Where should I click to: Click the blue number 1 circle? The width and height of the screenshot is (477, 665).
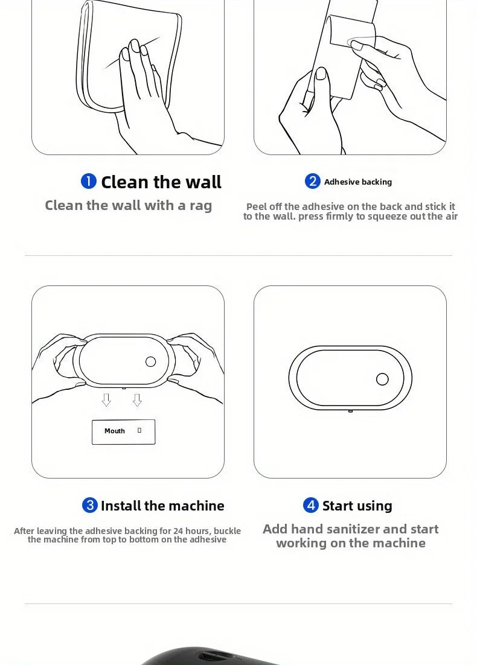click(89, 182)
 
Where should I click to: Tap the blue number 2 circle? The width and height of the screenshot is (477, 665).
click(312, 181)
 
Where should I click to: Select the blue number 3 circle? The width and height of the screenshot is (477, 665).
click(90, 505)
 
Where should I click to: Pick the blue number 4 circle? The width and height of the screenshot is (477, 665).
click(311, 505)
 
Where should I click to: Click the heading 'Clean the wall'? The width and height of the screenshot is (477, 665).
click(161, 182)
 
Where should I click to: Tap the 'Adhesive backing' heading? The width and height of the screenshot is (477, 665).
click(357, 182)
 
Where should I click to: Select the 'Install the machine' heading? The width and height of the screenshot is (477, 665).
click(162, 506)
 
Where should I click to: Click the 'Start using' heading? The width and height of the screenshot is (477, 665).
click(357, 506)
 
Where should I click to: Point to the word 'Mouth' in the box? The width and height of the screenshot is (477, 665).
click(115, 431)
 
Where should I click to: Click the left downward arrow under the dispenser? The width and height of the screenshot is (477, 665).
click(106, 400)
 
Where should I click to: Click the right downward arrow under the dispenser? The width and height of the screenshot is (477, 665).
click(137, 400)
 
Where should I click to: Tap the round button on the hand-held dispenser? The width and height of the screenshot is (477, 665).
click(151, 361)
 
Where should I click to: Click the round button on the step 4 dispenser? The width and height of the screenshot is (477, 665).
click(382, 379)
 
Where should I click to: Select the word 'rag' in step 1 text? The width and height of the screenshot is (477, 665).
click(200, 206)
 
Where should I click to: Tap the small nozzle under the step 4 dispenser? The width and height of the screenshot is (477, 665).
click(351, 411)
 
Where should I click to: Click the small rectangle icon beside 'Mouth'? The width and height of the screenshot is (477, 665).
click(139, 430)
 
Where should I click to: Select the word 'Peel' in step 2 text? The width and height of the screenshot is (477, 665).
click(255, 206)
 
